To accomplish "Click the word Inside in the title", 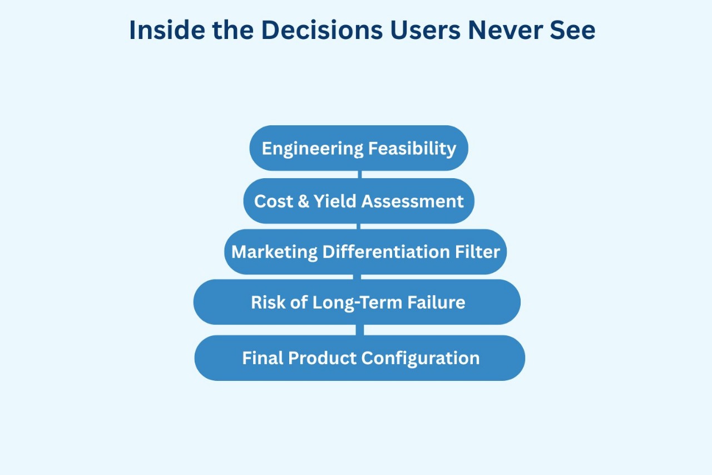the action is point(167,30).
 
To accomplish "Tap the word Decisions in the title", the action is point(322,30).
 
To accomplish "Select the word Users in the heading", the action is point(425,30).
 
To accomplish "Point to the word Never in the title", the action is point(506,30).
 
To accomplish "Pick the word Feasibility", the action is point(412,149).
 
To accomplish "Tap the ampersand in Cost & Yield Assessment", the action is point(304,201).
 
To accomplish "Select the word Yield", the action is point(335,201).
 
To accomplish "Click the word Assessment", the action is point(413,202).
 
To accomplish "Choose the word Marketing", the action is point(274,252).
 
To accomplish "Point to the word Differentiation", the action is point(386,252).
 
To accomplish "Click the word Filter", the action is point(477,252).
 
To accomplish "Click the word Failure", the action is point(437,302).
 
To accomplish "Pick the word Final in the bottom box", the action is point(263,358).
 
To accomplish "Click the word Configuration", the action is point(421,359).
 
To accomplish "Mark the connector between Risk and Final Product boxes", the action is point(359,330).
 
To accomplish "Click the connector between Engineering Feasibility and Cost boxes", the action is point(359,174).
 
